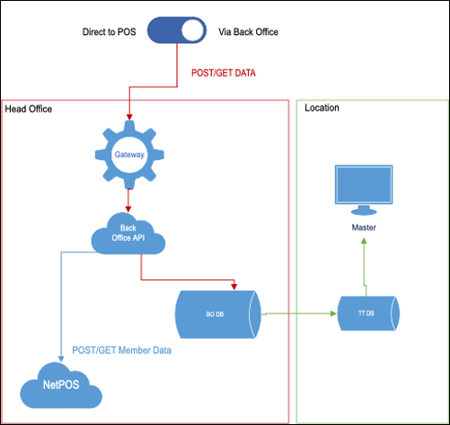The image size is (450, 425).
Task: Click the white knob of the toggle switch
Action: pyautogui.click(x=192, y=31)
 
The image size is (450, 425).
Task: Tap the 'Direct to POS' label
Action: pyautogui.click(x=109, y=31)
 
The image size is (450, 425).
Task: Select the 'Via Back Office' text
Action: pyautogui.click(x=248, y=31)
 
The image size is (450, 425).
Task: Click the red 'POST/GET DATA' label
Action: pyautogui.click(x=224, y=73)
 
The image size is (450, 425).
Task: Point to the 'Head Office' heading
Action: pyautogui.click(x=29, y=109)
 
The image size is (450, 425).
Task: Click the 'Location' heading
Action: pyautogui.click(x=322, y=108)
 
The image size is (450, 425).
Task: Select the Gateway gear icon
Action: pyautogui.click(x=129, y=155)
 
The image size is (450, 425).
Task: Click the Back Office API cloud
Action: pyautogui.click(x=128, y=234)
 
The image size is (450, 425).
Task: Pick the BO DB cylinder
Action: pyautogui.click(x=217, y=314)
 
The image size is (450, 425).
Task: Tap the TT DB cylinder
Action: pyautogui.click(x=368, y=314)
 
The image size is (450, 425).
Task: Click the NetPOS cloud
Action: pyautogui.click(x=61, y=385)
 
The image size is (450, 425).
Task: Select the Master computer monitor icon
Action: pyautogui.click(x=364, y=190)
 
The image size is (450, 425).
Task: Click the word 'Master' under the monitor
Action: pyautogui.click(x=364, y=227)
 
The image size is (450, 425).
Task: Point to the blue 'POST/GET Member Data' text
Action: pyautogui.click(x=121, y=350)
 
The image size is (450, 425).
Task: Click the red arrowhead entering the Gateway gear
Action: pyautogui.click(x=129, y=117)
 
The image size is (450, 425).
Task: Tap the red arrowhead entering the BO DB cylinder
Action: pyautogui.click(x=234, y=287)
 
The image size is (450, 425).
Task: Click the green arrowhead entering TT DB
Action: pyautogui.click(x=333, y=314)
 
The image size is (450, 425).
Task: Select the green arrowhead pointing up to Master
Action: pyautogui.click(x=364, y=241)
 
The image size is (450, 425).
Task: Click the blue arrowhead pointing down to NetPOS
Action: pyautogui.click(x=61, y=359)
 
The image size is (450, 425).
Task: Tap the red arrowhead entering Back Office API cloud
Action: pyautogui.click(x=128, y=209)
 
